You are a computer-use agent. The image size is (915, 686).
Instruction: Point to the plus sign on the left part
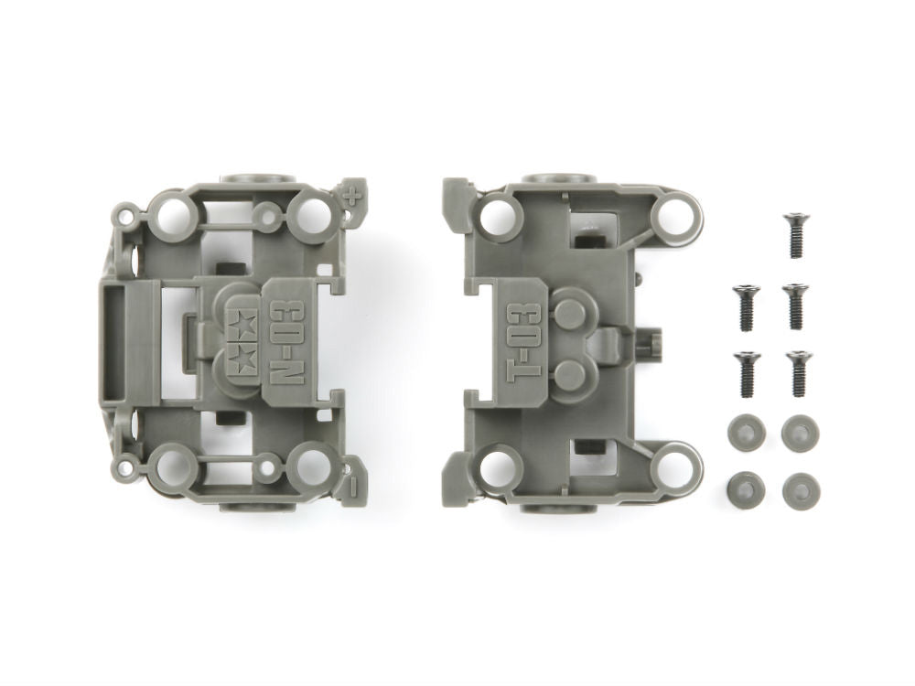coord(352,193)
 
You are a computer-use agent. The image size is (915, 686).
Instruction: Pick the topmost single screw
coord(795,234)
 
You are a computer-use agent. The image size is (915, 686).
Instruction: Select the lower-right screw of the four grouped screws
coord(796,373)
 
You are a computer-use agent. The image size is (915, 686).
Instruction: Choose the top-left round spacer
coord(746,432)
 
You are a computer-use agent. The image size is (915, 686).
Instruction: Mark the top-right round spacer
coord(801,432)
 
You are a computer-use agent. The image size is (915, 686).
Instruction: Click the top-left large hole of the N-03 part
coord(171,214)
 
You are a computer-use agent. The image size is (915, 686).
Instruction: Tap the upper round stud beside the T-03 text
coord(572,313)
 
